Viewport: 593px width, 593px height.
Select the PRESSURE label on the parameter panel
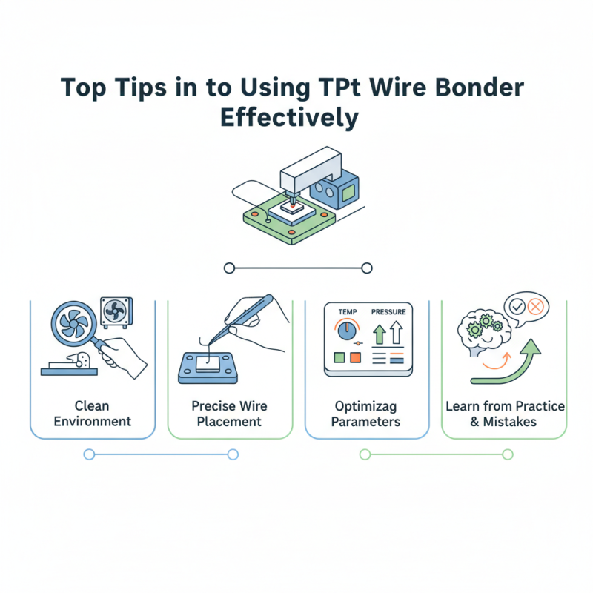point(388,313)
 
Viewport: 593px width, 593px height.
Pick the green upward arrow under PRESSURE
point(378,333)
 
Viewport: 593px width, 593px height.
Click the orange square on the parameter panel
point(355,358)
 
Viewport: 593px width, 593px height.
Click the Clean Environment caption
point(92,414)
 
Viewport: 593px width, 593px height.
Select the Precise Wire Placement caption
point(229,414)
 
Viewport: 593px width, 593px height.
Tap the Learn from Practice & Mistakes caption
point(505,414)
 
